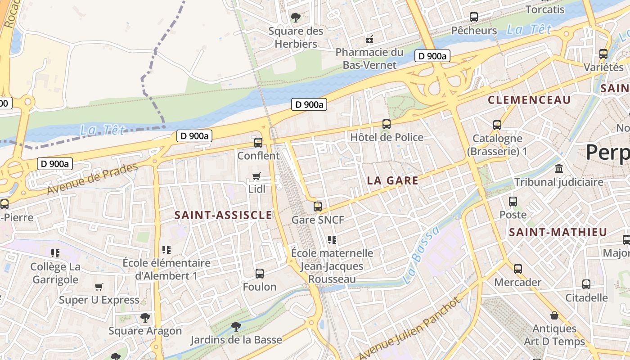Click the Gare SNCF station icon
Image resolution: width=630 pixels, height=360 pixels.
click(318, 207)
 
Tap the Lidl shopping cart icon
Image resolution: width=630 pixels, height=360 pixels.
click(256, 176)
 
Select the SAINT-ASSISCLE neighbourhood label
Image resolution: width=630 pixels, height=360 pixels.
click(223, 215)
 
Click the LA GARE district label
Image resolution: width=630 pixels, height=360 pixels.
click(392, 181)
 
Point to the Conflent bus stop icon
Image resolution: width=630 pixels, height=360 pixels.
click(258, 143)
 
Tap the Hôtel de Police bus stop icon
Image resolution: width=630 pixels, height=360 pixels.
click(386, 124)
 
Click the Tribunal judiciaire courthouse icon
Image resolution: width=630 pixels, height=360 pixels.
click(559, 169)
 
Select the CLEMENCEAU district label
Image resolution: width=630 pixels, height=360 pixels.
click(529, 100)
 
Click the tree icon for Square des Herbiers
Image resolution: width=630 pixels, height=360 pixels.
click(296, 18)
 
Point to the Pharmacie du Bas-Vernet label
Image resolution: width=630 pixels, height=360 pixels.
click(369, 58)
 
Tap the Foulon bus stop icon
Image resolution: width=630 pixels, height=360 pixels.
click(260, 274)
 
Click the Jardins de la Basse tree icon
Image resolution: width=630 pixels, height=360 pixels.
click(236, 326)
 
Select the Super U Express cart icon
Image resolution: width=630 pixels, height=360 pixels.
click(99, 287)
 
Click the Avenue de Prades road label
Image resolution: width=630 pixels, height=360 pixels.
click(92, 179)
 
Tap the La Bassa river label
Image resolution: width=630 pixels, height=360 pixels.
click(420, 255)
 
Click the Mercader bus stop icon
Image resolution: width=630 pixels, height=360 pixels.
click(518, 269)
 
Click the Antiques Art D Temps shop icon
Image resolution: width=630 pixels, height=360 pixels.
click(554, 315)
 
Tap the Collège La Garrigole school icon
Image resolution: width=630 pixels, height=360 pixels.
click(55, 253)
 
